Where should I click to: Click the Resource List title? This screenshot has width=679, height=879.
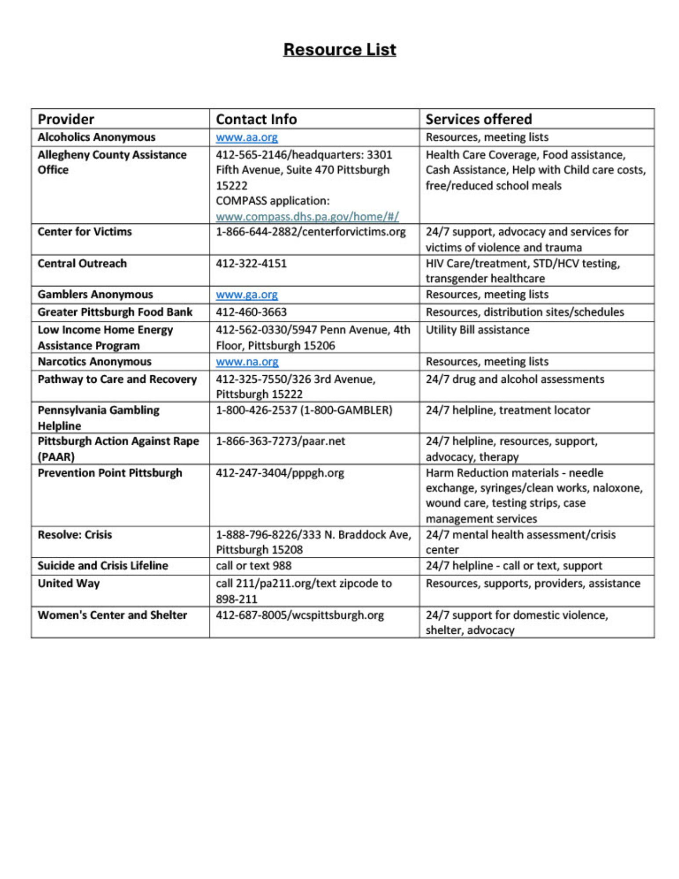pos(339,49)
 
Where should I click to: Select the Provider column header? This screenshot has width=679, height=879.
pos(65,119)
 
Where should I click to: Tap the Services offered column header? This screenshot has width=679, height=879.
pos(478,119)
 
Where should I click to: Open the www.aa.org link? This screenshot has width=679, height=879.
pos(247,137)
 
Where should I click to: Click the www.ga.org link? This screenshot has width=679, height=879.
pos(247,294)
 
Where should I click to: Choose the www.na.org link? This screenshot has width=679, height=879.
pos(247,362)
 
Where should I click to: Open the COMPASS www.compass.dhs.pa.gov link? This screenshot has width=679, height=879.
pos(307,217)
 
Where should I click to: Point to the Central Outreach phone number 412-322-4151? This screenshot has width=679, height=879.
pos(251,263)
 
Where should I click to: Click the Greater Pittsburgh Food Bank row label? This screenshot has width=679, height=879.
pos(115,312)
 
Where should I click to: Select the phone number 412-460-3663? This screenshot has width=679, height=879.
pos(251,312)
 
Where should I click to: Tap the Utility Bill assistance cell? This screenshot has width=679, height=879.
pos(477,330)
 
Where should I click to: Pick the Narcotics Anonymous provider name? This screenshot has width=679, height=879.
pos(94,362)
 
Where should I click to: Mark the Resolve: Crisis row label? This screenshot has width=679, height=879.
pos(75,534)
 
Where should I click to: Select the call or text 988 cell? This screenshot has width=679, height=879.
pos(254,565)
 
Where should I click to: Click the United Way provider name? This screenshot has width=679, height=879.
pos(69,583)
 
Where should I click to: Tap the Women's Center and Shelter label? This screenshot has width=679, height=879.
pos(112,615)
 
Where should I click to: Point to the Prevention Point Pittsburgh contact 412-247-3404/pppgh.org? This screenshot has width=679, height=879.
pos(280,473)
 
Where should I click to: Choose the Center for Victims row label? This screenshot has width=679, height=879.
pos(84,232)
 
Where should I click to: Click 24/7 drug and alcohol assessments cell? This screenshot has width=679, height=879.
pos(515,379)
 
